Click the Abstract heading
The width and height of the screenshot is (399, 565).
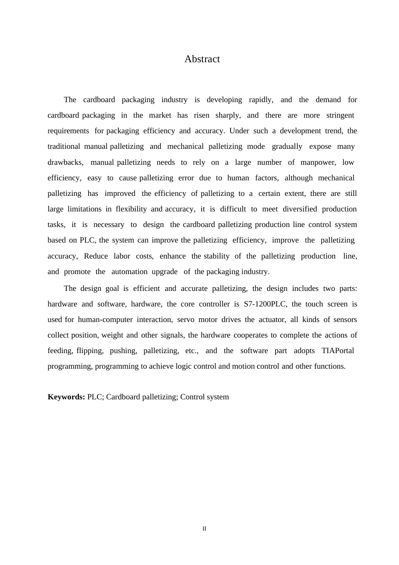point(202,59)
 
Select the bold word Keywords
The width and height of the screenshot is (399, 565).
point(66,397)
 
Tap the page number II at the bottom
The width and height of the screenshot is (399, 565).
point(205,529)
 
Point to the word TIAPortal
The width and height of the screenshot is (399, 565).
point(338,351)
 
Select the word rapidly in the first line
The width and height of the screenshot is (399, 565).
point(261,100)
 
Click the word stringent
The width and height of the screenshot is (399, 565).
point(340,116)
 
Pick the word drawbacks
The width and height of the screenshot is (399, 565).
point(66,163)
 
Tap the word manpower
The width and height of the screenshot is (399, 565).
point(318,163)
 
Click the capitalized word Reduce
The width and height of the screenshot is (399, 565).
point(96,256)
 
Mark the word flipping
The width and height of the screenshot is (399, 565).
point(90,351)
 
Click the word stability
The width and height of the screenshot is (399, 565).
point(216,256)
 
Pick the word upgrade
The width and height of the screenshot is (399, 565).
point(165,272)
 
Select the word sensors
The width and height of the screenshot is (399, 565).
point(345,320)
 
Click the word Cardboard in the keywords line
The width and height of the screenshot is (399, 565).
point(123,397)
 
